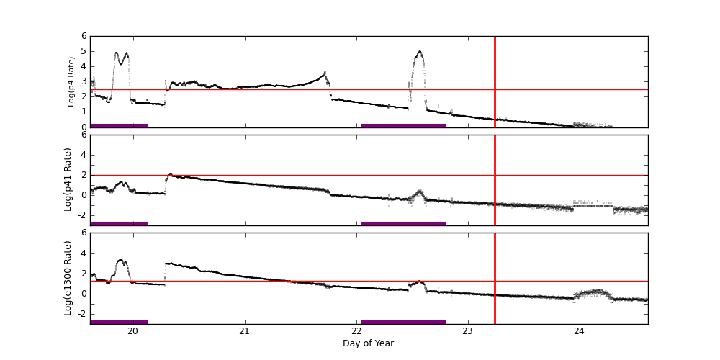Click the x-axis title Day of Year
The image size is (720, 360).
tap(368, 343)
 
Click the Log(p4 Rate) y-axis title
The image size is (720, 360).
tap(71, 81)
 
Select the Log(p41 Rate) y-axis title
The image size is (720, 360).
tap(68, 179)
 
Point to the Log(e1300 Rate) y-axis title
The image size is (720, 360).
tap(68, 278)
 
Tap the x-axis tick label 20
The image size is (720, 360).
tap(132, 331)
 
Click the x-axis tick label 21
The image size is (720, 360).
tap(244, 331)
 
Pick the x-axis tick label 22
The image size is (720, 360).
tap(356, 331)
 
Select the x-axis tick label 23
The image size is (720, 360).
tap(468, 331)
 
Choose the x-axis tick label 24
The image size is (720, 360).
tap(580, 331)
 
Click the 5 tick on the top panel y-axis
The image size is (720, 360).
tap(84, 51)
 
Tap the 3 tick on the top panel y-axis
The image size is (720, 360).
tap(84, 81)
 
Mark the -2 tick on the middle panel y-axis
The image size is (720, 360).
tap(81, 215)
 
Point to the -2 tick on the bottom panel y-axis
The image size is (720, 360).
tap(81, 313)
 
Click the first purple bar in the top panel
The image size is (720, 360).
tap(119, 125)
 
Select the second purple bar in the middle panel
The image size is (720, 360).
tap(403, 223)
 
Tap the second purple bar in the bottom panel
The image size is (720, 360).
tap(403, 322)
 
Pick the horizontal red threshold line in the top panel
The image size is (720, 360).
tap(288, 90)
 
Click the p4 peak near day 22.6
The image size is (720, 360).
tap(420, 52)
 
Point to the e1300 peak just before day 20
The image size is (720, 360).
tap(121, 260)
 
